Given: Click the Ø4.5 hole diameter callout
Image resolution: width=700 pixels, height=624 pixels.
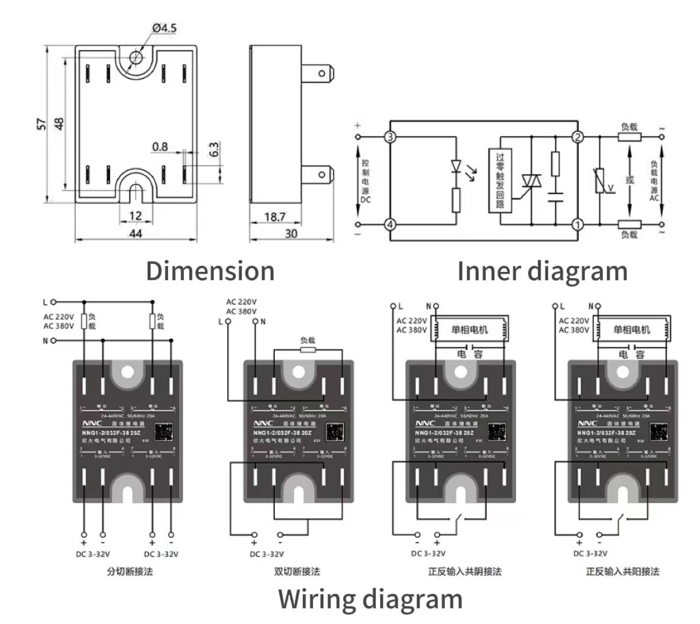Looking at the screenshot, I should pyautogui.click(x=165, y=27).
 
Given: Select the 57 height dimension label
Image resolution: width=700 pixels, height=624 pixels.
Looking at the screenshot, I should pyautogui.click(x=42, y=124).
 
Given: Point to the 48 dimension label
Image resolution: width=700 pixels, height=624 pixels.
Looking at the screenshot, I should pyautogui.click(x=59, y=124).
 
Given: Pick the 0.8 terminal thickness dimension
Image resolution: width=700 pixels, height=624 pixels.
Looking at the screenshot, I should pyautogui.click(x=160, y=146).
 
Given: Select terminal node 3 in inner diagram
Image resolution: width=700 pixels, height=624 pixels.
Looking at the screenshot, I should pyautogui.click(x=390, y=138).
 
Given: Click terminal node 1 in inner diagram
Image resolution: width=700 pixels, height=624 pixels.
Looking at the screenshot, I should pyautogui.click(x=577, y=224).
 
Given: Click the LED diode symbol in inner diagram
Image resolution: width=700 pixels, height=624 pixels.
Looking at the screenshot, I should pyautogui.click(x=456, y=166).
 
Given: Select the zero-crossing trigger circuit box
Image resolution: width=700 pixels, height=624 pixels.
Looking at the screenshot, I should pyautogui.click(x=500, y=180).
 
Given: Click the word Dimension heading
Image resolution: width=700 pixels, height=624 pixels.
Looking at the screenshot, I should pyautogui.click(x=210, y=271).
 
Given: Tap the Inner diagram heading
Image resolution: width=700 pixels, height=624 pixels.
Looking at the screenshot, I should pyautogui.click(x=541, y=271).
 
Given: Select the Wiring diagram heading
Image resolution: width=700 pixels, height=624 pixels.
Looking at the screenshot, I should pyautogui.click(x=370, y=599).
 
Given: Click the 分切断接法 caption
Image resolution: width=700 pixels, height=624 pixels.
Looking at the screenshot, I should pyautogui.click(x=130, y=571).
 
